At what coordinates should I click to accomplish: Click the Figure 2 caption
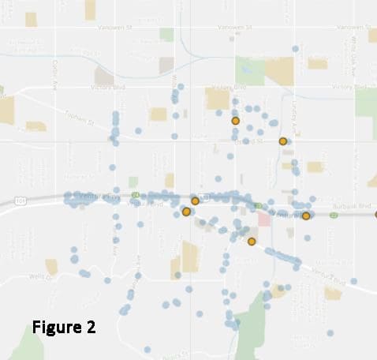tap(64, 327)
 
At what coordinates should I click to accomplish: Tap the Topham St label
tap(79, 119)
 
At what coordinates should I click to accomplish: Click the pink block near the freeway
tap(264, 218)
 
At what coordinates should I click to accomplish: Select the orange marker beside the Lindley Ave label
tap(283, 141)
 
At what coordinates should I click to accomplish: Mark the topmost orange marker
tap(235, 121)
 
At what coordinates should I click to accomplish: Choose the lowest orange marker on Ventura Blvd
tap(252, 242)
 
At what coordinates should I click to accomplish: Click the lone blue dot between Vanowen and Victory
tap(294, 48)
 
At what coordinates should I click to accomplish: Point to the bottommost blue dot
tap(147, 349)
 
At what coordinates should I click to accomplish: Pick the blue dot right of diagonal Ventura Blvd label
tap(353, 281)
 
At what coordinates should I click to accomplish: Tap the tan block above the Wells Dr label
tap(52, 266)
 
